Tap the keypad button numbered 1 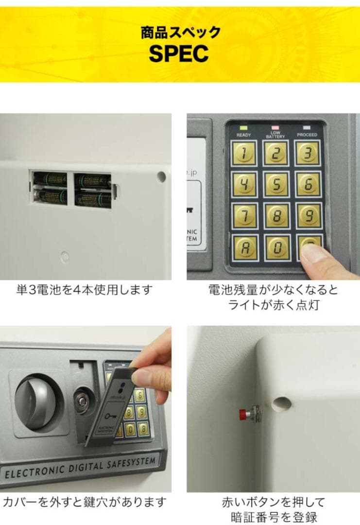click(244, 154)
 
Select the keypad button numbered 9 click(309, 216)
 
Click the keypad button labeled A click(244, 248)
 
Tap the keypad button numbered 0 click(276, 248)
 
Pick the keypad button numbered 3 click(309, 154)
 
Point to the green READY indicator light click(243, 128)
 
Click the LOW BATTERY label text click(275, 135)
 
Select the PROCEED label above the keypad click(307, 135)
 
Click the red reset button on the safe click(241, 414)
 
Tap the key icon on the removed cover click(110, 417)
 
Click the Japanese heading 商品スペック click(180, 33)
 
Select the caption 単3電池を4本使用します click(84, 290)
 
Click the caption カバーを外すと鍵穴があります click(85, 501)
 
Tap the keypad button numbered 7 click(244, 216)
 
